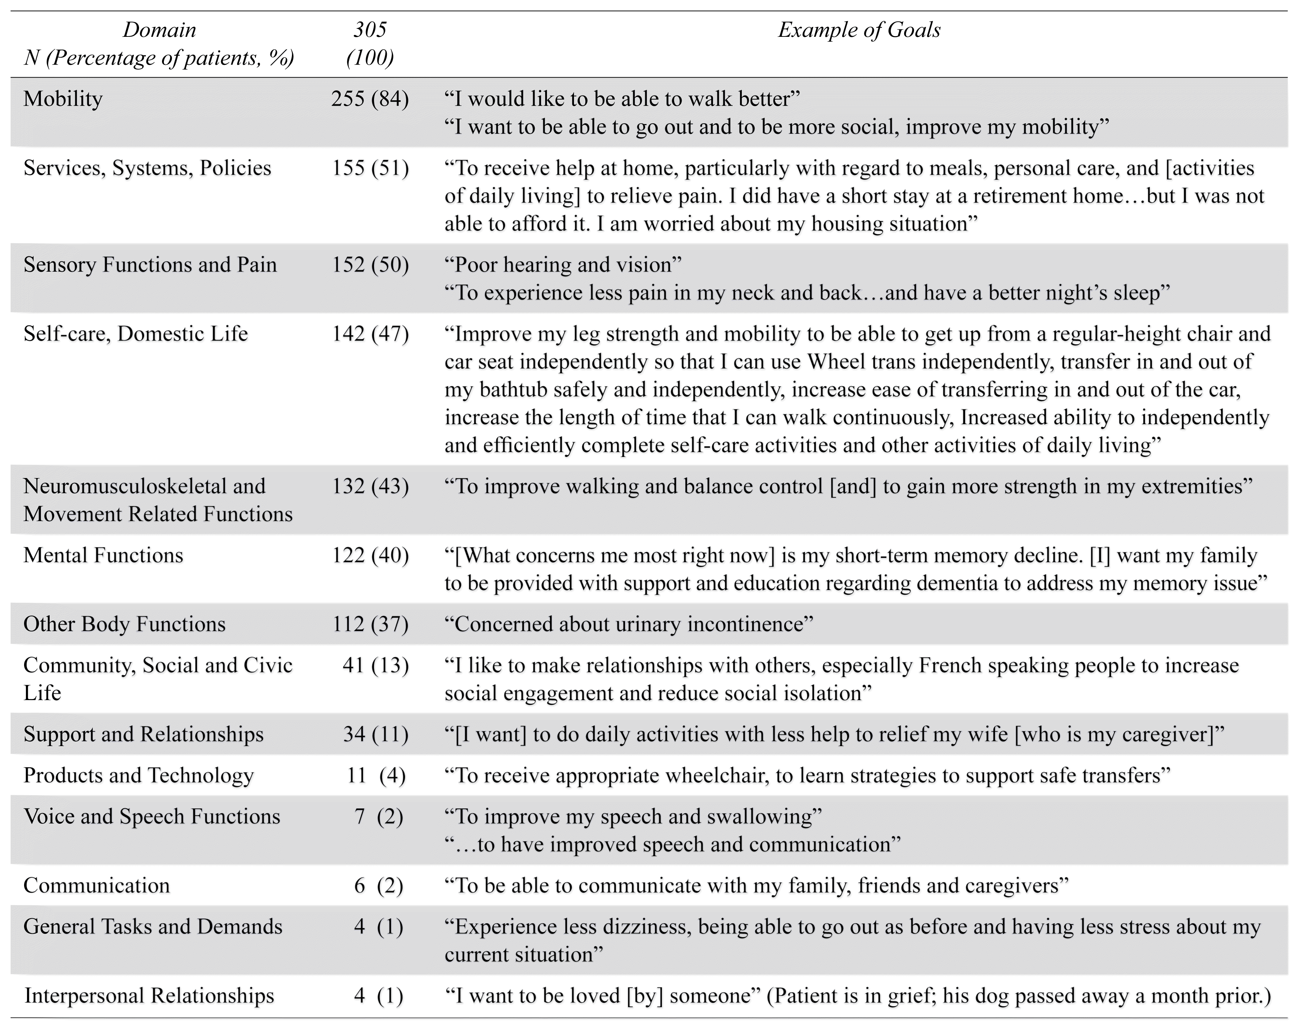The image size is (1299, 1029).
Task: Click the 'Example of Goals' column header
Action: point(859,30)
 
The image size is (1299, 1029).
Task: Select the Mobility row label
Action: point(63,99)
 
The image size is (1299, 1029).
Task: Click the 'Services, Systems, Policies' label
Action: point(147,168)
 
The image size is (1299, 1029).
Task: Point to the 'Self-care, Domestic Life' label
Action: point(136,334)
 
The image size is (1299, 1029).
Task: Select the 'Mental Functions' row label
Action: point(103,555)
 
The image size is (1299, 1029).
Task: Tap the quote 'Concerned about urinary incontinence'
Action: point(628,624)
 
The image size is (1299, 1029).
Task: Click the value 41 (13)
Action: point(375,665)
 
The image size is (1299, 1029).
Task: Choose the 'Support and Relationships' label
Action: point(143,735)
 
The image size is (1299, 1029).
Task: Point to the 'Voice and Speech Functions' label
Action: point(152,817)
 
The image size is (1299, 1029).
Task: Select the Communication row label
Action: point(96,886)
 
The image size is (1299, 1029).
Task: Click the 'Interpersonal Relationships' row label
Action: point(149,996)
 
